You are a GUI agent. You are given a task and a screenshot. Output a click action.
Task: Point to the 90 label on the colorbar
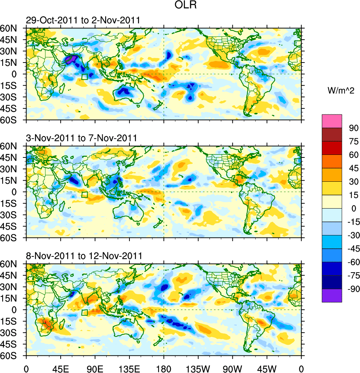(x=352, y=128)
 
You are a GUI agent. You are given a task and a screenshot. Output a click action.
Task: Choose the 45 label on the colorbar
(x=352, y=168)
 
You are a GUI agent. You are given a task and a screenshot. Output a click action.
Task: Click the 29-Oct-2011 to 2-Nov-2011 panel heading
(x=83, y=20)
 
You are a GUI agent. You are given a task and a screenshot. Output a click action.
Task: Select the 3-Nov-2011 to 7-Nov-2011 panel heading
(x=82, y=138)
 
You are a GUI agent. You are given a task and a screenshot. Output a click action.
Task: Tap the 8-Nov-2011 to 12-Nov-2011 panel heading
(x=84, y=256)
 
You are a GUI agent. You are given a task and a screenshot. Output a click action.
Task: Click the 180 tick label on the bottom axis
(x=164, y=368)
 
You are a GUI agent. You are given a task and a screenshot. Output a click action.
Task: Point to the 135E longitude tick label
(x=129, y=368)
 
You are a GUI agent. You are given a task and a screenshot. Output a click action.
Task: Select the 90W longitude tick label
(x=232, y=368)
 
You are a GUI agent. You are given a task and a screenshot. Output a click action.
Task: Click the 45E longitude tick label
(x=60, y=368)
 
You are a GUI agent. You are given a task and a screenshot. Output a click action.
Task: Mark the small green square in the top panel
(x=85, y=77)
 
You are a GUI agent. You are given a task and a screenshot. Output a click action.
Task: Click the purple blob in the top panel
(x=71, y=59)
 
